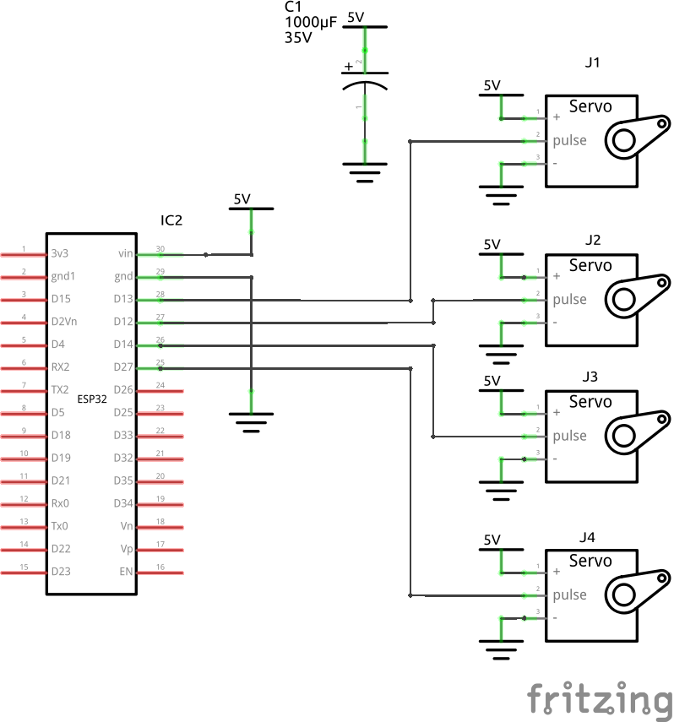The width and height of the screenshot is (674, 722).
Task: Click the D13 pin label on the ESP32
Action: [x=123, y=299]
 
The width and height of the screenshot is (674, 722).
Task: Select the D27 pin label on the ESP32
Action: [x=123, y=367]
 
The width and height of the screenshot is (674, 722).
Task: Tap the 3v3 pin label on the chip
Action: [x=60, y=253]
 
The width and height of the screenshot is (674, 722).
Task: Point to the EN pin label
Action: [x=126, y=572]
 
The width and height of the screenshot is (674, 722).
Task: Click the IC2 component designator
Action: [x=171, y=220]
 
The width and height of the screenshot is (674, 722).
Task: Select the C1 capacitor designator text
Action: [x=291, y=8]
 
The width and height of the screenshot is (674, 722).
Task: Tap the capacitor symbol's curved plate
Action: [x=365, y=87]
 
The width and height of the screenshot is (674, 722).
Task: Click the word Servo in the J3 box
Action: [x=590, y=402]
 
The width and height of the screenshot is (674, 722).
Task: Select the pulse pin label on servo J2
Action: [x=569, y=299]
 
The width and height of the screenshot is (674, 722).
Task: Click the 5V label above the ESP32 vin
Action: [x=242, y=199]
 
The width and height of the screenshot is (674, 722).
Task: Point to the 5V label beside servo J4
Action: [x=492, y=540]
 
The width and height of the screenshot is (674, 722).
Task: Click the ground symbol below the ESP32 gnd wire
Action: [x=251, y=421]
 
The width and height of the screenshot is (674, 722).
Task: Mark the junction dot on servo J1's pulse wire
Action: [x=410, y=141]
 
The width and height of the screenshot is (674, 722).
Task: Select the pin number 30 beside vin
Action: [x=160, y=248]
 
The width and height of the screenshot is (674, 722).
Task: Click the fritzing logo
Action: [x=600, y=700]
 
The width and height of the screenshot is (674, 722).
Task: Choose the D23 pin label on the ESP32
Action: [x=61, y=572]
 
